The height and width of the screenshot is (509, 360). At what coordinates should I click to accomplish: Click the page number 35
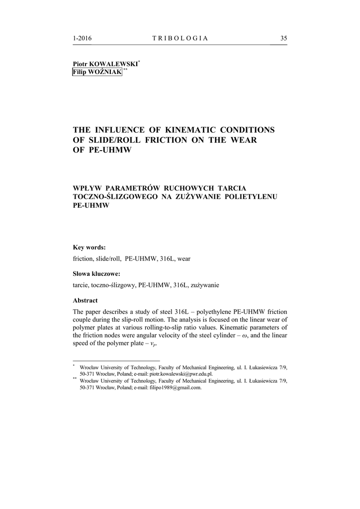[283, 38]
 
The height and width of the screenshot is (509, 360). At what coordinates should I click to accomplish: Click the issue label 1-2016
[82, 38]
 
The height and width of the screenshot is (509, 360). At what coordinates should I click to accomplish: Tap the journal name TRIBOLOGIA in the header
[180, 38]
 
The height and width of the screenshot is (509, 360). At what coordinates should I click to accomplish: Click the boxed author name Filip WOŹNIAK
[97, 73]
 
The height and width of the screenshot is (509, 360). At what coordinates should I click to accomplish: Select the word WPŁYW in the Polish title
[87, 187]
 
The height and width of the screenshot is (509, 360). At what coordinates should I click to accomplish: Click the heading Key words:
[89, 247]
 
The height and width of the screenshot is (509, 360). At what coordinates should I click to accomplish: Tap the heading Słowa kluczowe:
[96, 273]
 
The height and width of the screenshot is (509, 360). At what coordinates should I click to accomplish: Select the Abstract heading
[85, 300]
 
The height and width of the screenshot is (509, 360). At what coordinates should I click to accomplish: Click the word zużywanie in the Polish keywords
[204, 285]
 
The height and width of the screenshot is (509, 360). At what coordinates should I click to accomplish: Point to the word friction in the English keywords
[83, 259]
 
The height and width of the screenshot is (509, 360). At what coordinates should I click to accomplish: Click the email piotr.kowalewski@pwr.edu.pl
[181, 373]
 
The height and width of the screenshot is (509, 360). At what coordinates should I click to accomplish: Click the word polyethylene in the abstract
[214, 311]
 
